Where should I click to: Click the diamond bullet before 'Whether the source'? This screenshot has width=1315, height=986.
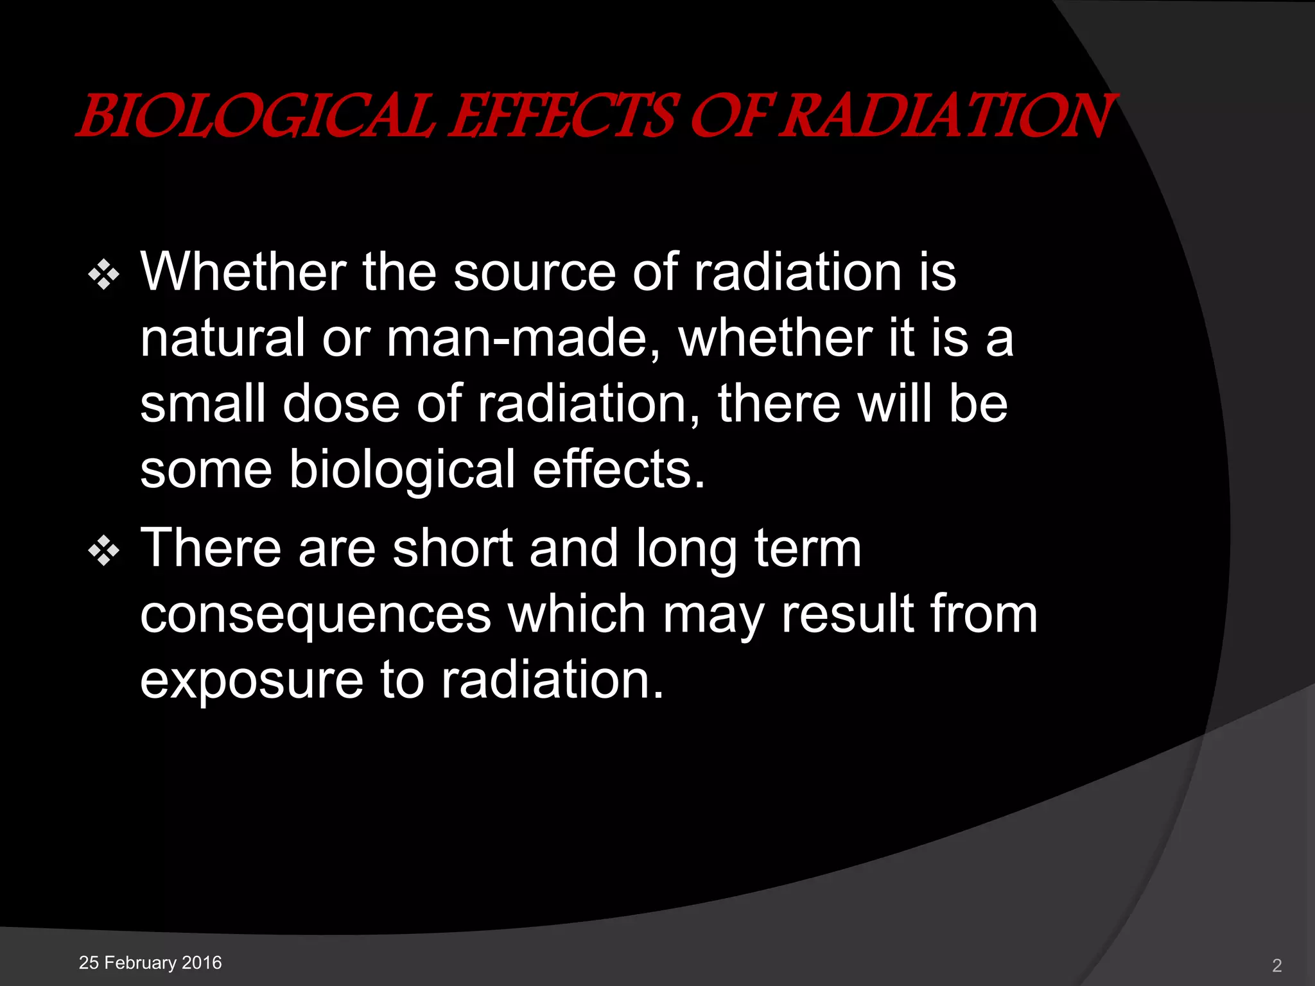tap(104, 275)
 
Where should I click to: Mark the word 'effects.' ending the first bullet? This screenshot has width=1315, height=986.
tap(619, 469)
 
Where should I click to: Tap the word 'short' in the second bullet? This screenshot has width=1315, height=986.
tap(453, 549)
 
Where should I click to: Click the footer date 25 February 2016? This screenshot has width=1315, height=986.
tap(150, 963)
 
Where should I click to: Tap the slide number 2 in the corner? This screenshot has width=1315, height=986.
tap(1277, 965)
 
